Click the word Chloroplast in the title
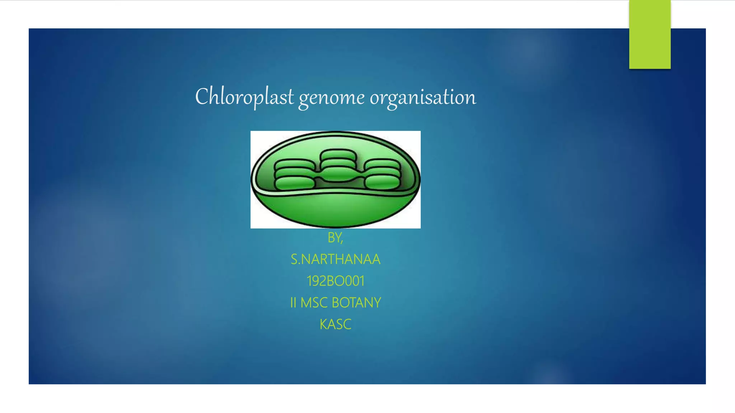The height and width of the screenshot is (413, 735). tap(244, 97)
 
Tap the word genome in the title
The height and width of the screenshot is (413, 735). tap(332, 98)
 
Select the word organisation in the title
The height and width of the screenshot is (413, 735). tap(423, 98)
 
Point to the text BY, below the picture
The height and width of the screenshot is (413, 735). tap(336, 238)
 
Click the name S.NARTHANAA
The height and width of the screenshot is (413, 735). tap(336, 259)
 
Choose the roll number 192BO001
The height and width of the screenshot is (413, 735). tap(336, 281)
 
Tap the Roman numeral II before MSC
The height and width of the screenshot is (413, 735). tap(293, 303)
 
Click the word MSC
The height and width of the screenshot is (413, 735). tap(314, 303)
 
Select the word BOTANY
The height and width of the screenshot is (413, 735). tap(356, 303)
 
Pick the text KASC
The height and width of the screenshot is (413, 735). tap(336, 324)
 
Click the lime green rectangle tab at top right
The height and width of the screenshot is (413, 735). tap(650, 34)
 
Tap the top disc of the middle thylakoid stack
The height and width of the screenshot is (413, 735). tap(338, 155)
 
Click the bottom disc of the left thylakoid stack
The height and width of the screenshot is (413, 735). tap(295, 184)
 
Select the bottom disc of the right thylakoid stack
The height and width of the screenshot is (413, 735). tap(382, 183)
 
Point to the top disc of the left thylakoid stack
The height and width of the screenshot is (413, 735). tap(295, 165)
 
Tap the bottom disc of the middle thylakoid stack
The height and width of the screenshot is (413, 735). tap(338, 174)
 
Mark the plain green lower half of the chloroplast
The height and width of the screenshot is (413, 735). tap(336, 210)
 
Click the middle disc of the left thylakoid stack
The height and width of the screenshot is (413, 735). tap(295, 174)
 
